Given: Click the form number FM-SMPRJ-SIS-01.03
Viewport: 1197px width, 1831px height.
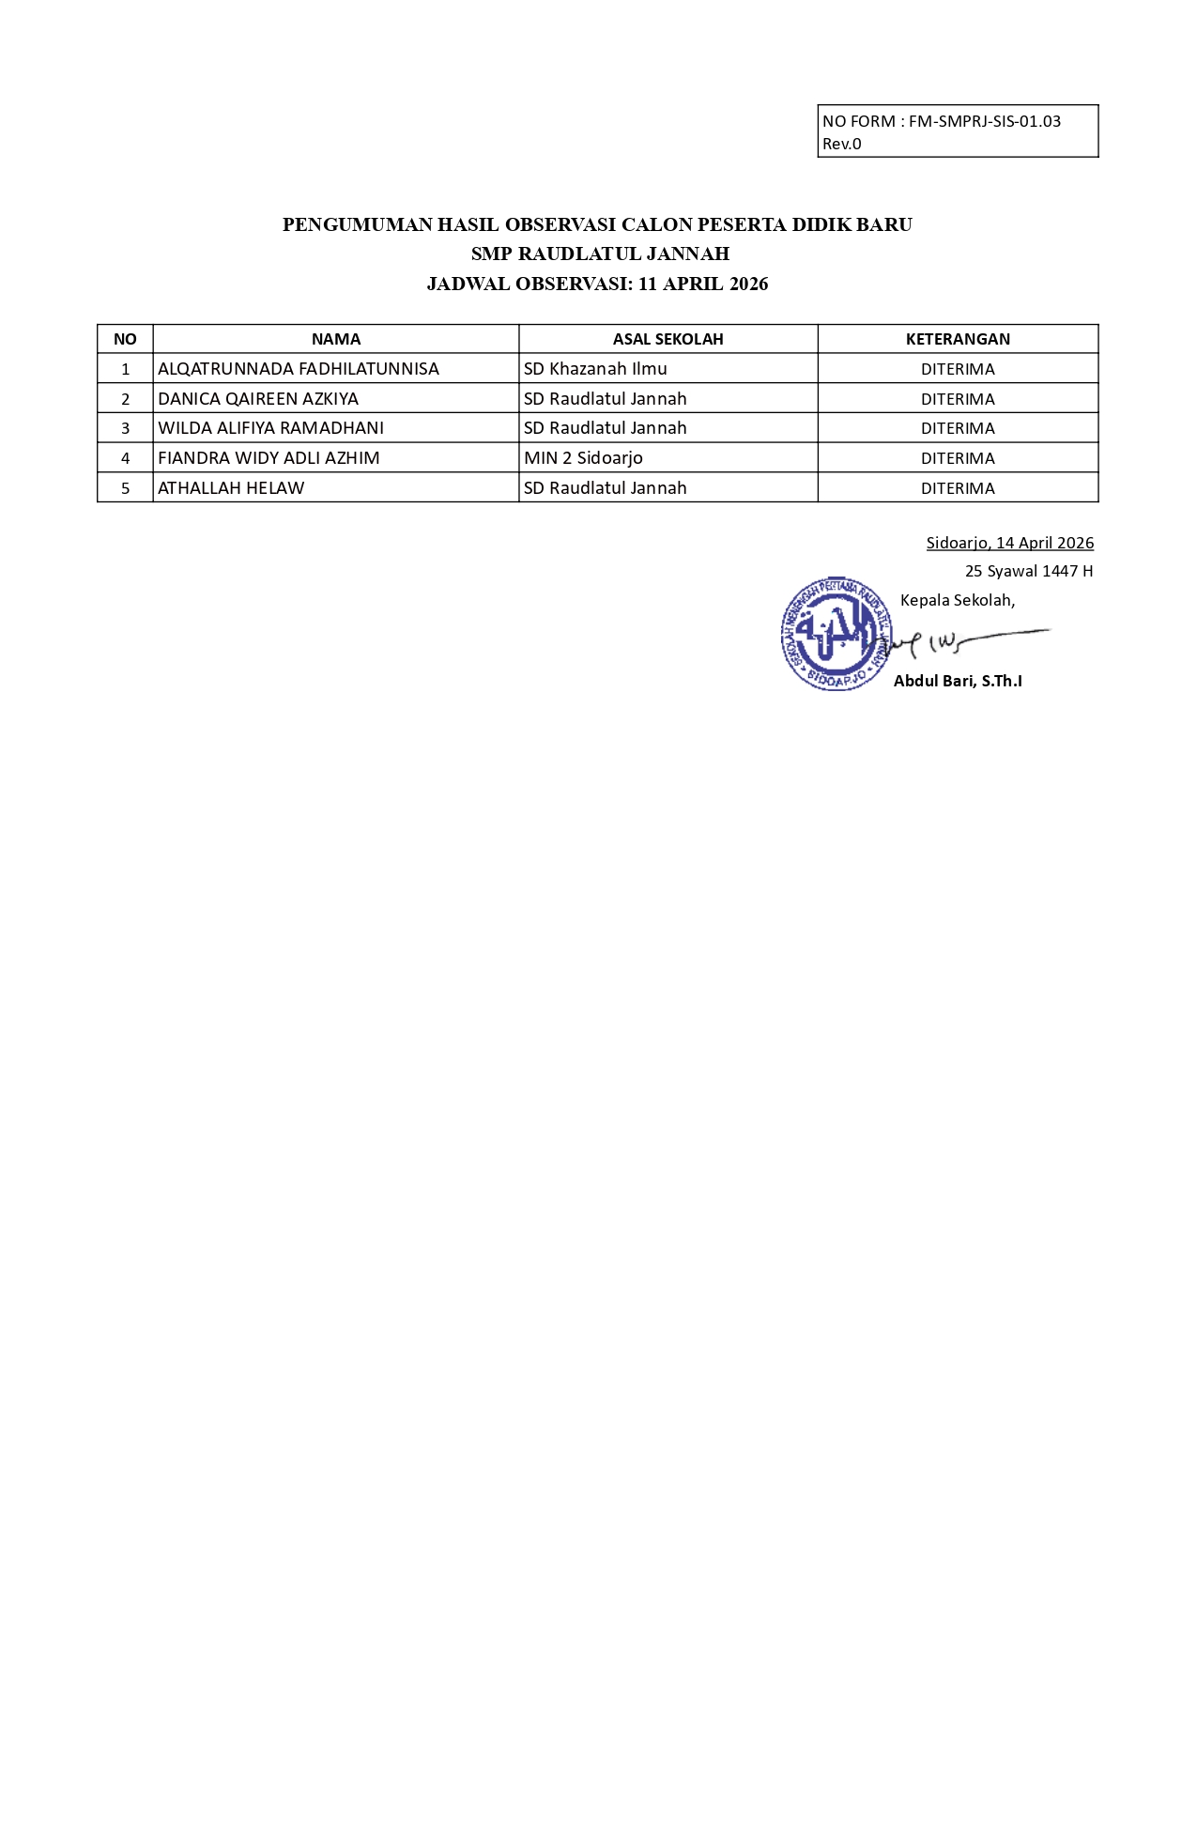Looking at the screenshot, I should (984, 121).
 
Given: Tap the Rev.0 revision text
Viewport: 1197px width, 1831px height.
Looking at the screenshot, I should (841, 144).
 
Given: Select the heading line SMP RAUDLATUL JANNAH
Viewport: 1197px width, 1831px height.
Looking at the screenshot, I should (600, 254).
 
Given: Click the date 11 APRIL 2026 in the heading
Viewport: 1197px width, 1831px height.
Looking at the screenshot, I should (702, 284).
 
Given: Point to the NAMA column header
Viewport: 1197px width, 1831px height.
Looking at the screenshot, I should (335, 339).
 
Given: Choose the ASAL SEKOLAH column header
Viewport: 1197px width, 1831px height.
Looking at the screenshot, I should (668, 339).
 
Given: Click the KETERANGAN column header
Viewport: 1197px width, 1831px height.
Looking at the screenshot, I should (958, 339).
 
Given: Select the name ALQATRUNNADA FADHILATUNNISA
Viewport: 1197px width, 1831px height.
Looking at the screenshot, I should (298, 369).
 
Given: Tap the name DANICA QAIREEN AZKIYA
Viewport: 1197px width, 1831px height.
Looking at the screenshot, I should (257, 399).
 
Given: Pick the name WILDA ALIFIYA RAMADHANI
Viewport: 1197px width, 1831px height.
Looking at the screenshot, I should (270, 428).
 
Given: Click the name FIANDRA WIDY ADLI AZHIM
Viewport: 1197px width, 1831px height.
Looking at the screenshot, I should (269, 458).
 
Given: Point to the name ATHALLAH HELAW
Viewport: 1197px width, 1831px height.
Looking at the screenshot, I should (231, 488).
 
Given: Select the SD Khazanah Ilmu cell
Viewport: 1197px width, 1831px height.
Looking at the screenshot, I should (595, 369).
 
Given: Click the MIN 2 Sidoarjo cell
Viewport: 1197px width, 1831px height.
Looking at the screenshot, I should (583, 458).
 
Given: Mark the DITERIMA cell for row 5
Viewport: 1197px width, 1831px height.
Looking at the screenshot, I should (958, 488).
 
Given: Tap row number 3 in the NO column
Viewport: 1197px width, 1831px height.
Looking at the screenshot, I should (125, 428).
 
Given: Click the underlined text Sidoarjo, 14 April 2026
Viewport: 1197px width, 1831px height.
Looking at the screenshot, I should (1009, 543).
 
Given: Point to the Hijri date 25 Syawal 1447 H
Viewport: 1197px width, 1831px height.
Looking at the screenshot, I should (1028, 571).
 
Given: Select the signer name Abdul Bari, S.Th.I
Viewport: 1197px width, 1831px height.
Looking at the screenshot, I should (958, 681).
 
